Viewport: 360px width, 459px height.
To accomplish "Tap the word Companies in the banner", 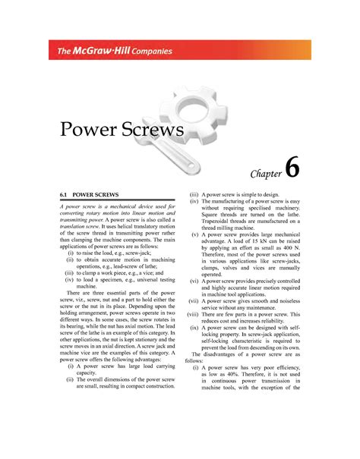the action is click(149, 52).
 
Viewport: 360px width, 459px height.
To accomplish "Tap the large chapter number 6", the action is click(294, 168).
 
